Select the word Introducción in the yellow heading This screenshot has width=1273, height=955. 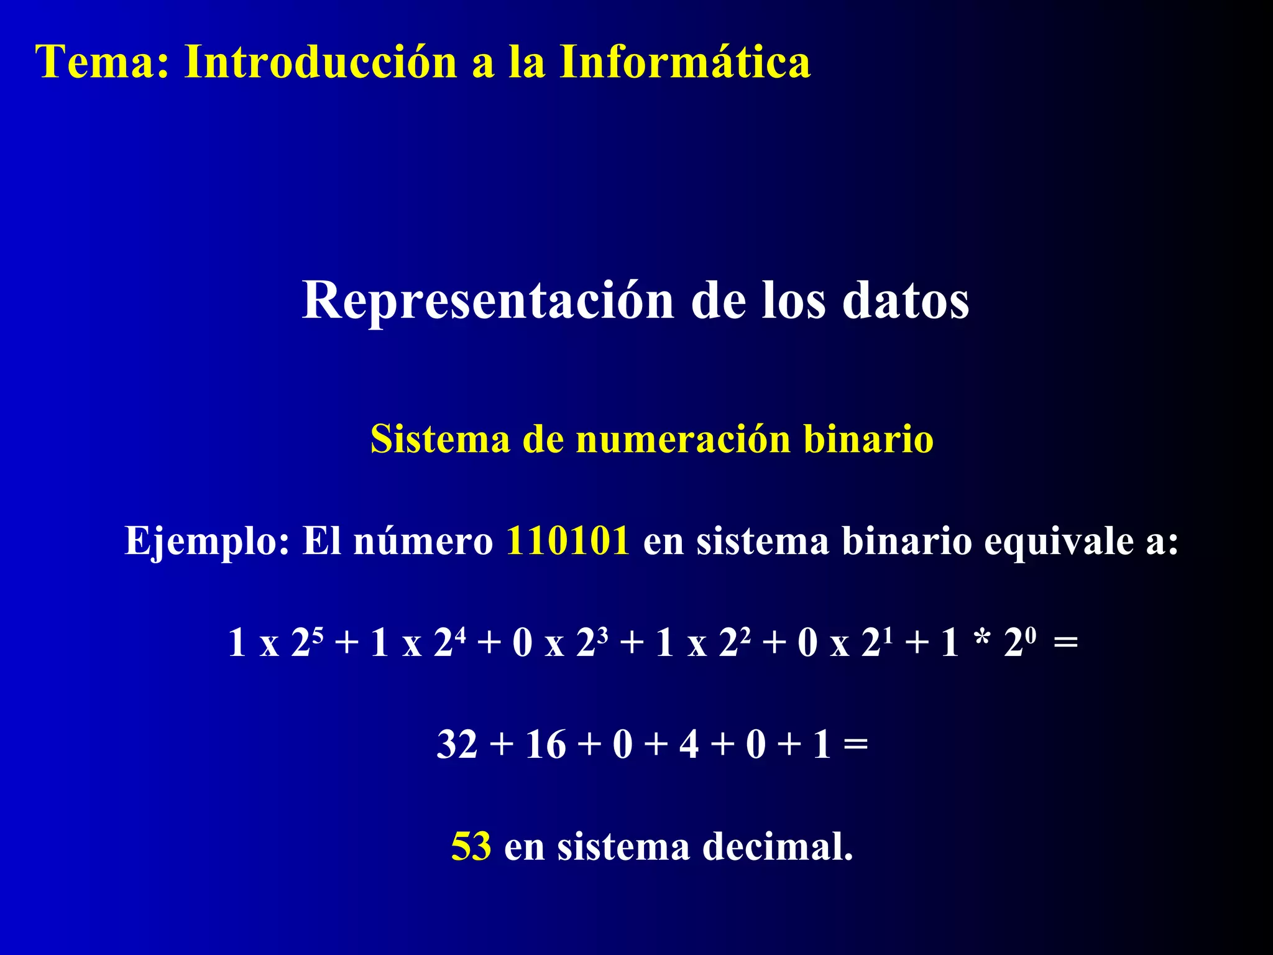[321, 62]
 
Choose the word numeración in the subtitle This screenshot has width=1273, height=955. [683, 439]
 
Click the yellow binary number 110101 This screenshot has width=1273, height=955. [568, 540]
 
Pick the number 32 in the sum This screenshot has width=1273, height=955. [457, 744]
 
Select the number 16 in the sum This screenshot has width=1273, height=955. [546, 744]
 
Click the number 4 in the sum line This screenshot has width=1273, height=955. [689, 744]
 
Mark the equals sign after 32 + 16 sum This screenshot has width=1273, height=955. [856, 744]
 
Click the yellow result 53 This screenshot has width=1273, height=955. [471, 846]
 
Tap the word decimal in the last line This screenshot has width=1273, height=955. [777, 846]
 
